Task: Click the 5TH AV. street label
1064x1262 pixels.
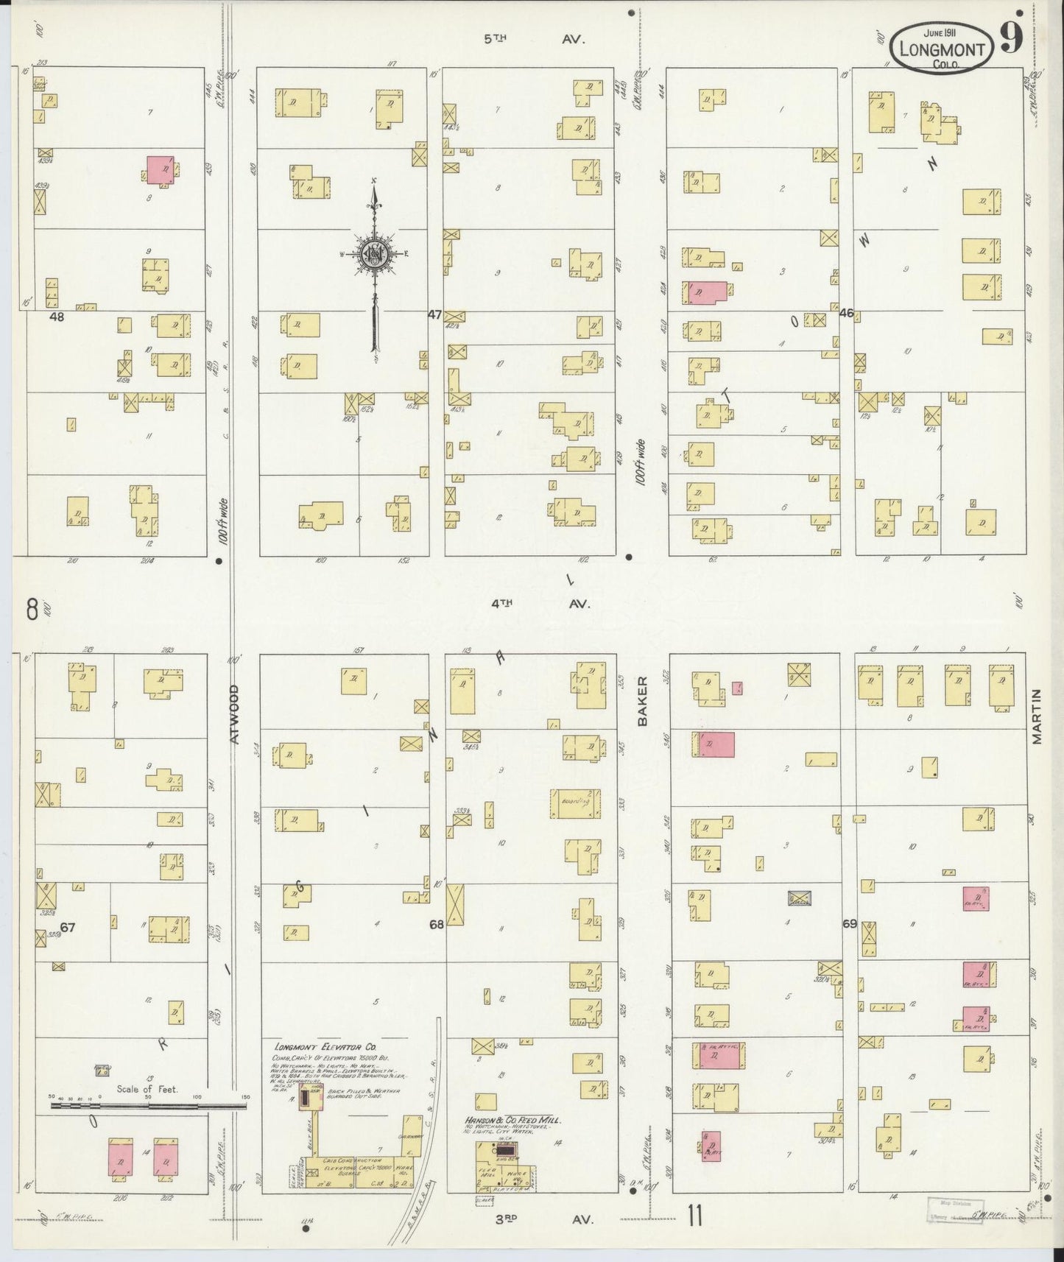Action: [x=533, y=39]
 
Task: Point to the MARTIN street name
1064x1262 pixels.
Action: [x=1037, y=716]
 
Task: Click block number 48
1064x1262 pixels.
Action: [x=57, y=317]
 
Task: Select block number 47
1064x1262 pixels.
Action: [x=434, y=314]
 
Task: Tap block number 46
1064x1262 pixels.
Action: [x=845, y=313]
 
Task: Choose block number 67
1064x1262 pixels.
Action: [x=68, y=928]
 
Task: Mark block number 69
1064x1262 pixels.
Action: [x=850, y=923]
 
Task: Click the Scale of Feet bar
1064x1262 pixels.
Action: [x=147, y=1105]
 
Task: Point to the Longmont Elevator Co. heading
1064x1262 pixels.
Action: [x=317, y=1046]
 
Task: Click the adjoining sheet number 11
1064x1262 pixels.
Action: [x=694, y=1216]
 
